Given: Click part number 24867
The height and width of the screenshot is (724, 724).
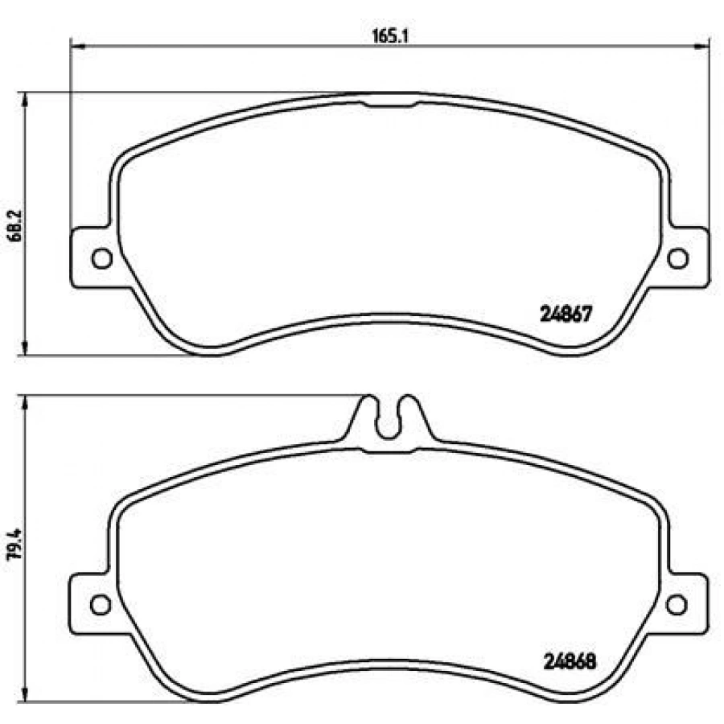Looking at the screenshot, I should tap(566, 316).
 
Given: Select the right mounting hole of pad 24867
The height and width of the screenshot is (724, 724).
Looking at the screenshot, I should tap(678, 258).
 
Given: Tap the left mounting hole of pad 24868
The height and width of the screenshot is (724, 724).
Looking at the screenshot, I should tap(101, 604).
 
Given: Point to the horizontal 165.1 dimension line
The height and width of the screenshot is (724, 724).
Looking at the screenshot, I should tap(241, 45).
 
